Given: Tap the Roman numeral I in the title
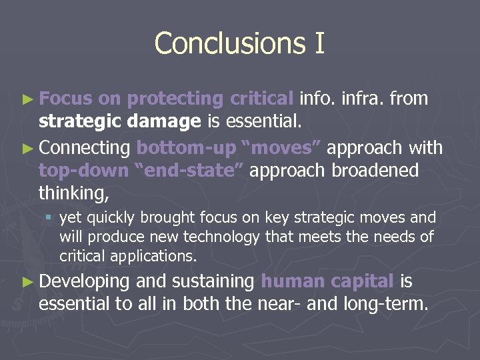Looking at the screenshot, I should tap(317, 43).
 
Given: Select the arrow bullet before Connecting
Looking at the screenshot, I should tap(27, 148).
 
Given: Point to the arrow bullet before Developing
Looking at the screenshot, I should tap(27, 283).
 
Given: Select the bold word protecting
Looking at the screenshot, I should tap(175, 99).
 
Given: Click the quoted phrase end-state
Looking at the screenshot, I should tap(191, 171).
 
